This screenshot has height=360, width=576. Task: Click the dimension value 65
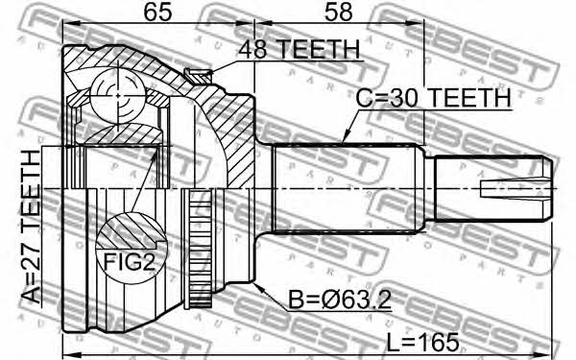[157, 12]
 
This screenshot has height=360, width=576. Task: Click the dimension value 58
[338, 12]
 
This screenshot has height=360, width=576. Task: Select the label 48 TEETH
[299, 49]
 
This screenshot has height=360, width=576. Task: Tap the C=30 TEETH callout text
[433, 98]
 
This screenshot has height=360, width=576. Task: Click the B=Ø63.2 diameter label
[340, 300]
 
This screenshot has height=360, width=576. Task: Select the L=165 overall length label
[422, 342]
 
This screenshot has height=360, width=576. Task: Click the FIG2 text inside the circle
[130, 262]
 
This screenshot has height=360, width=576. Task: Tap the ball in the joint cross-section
[117, 96]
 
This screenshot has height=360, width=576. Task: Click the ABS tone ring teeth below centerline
[200, 249]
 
